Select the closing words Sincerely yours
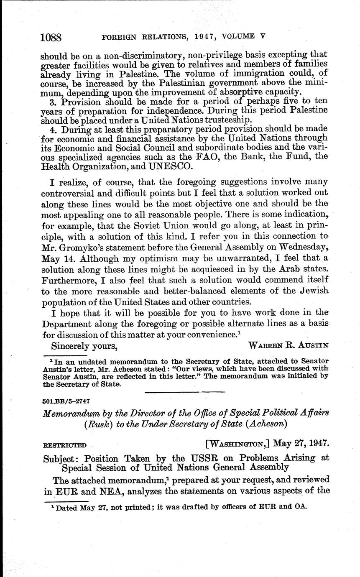84,345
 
